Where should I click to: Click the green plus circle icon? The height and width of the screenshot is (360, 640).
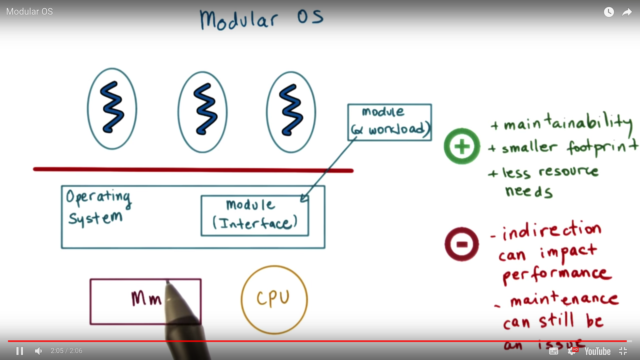(462, 146)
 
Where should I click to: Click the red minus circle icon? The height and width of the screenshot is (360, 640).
(462, 244)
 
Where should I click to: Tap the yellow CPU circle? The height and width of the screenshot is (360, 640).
(274, 299)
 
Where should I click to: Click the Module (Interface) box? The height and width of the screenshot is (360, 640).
(255, 216)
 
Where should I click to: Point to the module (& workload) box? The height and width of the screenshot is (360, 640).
(389, 122)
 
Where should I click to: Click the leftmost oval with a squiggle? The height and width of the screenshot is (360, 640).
(112, 109)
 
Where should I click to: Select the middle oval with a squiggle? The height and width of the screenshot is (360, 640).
(203, 112)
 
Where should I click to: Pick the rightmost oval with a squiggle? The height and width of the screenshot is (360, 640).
(291, 112)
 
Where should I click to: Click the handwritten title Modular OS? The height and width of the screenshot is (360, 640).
(261, 19)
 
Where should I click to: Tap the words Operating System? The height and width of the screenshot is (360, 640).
(98, 207)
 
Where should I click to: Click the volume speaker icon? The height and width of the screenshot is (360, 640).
(39, 351)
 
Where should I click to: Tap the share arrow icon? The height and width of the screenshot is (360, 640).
(627, 12)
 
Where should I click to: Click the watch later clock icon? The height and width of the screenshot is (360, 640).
(609, 12)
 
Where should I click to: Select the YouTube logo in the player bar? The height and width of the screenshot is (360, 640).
(597, 351)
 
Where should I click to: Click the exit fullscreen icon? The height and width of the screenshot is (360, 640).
(623, 351)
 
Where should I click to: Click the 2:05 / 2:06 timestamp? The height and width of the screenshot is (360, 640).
(66, 351)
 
